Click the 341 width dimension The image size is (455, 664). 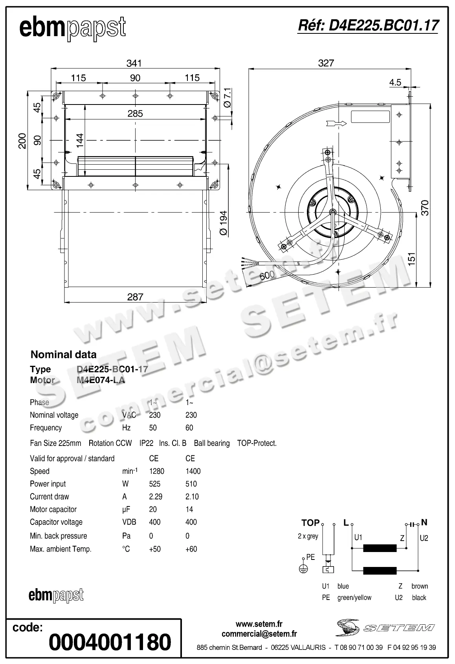point(134,63)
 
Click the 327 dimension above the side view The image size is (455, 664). point(326,63)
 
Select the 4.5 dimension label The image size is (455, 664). point(395,82)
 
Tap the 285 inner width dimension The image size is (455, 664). point(135,114)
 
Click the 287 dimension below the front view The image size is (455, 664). point(135,297)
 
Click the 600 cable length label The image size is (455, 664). point(267,276)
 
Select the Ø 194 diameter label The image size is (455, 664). point(223,223)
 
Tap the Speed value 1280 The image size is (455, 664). point(156,471)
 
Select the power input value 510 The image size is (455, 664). point(191,484)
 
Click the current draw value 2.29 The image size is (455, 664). point(156,497)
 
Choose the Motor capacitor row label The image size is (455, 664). point(53,510)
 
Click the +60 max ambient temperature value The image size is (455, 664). point(191,549)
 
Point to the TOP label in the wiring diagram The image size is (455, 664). point(310,523)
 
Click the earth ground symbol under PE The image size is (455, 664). point(303,569)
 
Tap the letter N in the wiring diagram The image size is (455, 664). point(424,522)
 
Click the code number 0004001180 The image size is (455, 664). point(110,642)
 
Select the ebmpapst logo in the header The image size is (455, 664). point(73,28)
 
